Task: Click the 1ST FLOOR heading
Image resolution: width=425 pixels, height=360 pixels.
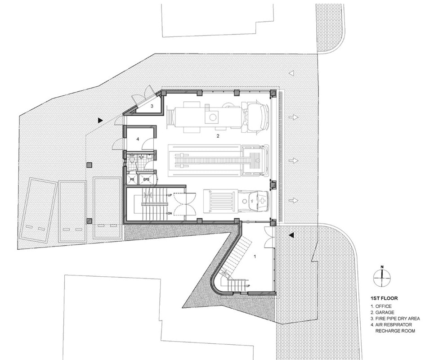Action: [384, 298]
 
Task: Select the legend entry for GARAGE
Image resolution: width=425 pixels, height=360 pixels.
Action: [382, 312]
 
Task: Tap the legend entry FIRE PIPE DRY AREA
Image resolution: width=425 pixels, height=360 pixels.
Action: [395, 319]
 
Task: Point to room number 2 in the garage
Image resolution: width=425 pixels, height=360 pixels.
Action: [218, 136]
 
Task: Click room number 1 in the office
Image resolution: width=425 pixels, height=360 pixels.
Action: [255, 256]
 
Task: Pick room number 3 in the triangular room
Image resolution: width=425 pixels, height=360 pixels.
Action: [152, 106]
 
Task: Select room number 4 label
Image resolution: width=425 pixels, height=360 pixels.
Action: [138, 139]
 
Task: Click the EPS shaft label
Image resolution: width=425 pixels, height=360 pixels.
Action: [146, 180]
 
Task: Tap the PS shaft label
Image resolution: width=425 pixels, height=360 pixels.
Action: [132, 180]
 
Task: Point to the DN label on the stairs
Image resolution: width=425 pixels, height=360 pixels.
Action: [170, 213]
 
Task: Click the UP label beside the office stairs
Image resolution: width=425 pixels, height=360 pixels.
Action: [248, 286]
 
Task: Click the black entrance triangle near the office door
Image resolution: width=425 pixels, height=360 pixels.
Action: [291, 235]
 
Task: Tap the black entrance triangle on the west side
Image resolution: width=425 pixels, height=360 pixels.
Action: [101, 120]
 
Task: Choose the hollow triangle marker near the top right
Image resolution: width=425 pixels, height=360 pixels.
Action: [291, 73]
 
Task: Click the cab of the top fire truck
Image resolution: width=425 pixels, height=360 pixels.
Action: [257, 116]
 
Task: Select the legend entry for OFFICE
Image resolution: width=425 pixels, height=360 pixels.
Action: [381, 306]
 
